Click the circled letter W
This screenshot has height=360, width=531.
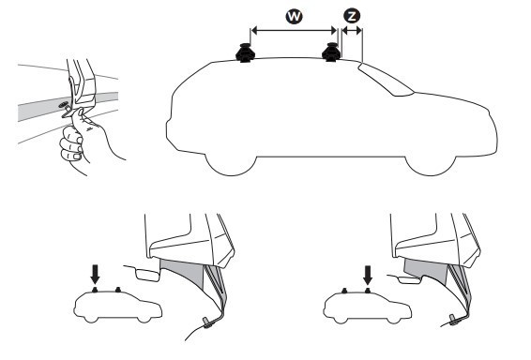[294, 16]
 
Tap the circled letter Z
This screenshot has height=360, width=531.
[352, 16]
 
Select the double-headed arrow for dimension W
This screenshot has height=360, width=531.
[294, 31]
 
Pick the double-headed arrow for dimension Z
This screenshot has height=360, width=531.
[352, 31]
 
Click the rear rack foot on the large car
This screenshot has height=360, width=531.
[245, 53]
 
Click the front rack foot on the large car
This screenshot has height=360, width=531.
[330, 52]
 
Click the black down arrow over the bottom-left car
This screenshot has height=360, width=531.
[96, 274]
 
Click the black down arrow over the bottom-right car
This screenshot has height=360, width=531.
[368, 275]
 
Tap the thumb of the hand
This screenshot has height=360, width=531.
[79, 115]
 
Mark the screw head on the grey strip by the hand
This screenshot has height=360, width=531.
[63, 105]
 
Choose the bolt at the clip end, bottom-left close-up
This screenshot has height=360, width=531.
[207, 322]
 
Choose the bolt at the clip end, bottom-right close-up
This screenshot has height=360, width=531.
[453, 320]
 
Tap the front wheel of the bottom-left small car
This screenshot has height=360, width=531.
[144, 319]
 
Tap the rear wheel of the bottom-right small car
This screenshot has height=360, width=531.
[340, 319]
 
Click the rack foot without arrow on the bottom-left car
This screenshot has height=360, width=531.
[118, 290]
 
